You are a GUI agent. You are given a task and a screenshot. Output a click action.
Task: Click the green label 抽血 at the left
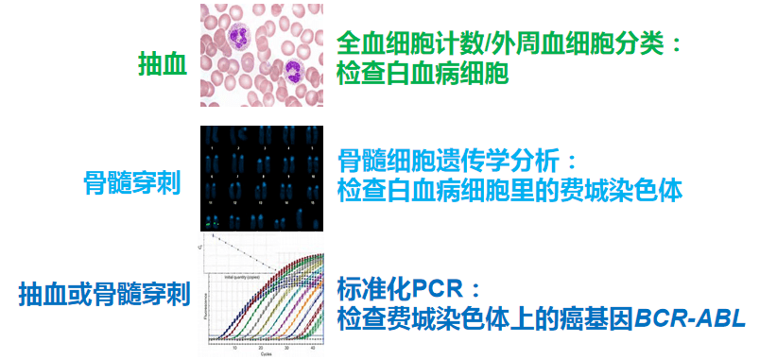click(162, 64)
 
